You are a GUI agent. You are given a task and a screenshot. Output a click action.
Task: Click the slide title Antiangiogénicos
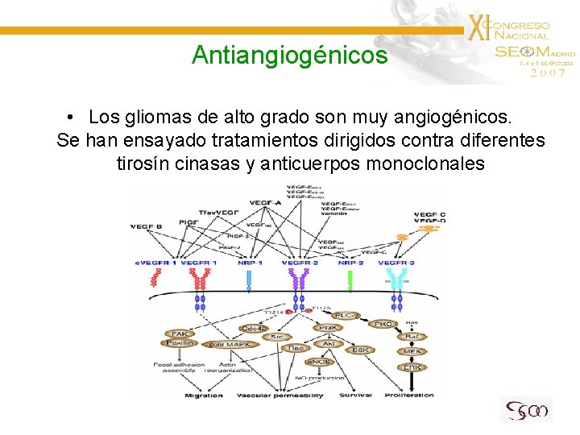(289, 56)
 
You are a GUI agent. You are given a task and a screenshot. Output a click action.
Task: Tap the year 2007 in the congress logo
(548, 72)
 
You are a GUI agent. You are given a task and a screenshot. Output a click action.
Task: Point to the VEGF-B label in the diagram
(147, 227)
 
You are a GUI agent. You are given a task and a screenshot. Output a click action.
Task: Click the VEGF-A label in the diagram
(265, 202)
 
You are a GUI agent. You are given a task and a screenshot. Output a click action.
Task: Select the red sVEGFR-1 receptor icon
(156, 279)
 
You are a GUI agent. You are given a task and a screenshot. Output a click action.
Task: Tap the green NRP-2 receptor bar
(350, 280)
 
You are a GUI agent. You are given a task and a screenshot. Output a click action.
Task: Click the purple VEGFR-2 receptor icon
(300, 279)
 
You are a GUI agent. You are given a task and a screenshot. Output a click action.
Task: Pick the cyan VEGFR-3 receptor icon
(396, 279)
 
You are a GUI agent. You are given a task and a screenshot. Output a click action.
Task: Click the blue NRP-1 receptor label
(250, 263)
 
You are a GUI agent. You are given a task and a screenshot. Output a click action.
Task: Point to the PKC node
(383, 324)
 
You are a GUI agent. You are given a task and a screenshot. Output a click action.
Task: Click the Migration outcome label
(204, 396)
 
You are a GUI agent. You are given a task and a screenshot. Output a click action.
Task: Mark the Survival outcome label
(355, 396)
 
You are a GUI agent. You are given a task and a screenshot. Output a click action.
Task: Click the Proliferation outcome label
(410, 396)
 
